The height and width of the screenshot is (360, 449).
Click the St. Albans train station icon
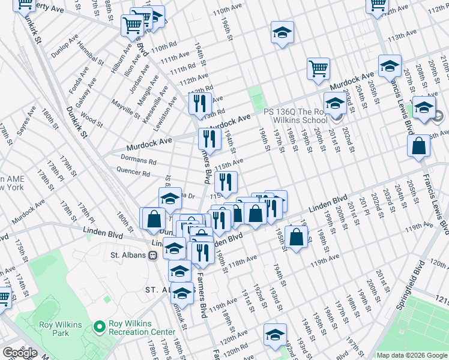(x=153, y=255)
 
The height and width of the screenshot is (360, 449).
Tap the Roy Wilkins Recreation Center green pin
(x=100, y=327)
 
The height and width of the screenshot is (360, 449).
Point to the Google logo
(x=20, y=353)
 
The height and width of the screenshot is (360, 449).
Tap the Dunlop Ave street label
(x=65, y=45)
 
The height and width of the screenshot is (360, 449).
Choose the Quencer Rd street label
(x=134, y=173)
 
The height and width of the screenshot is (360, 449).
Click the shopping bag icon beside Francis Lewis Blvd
(x=418, y=146)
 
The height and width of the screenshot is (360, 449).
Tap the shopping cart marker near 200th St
(x=318, y=68)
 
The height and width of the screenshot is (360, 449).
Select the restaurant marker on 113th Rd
(x=200, y=103)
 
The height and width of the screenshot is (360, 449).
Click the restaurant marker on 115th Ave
(x=226, y=181)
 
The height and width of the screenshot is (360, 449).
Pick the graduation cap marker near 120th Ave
(x=275, y=334)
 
